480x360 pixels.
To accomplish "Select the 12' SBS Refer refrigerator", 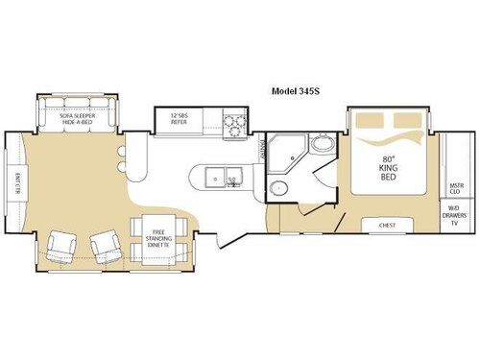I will click(179, 120).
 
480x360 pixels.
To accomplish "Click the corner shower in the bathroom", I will click(285, 152).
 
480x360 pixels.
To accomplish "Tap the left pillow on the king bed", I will click(370, 122).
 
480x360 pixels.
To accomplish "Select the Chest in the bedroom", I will click(388, 227).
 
